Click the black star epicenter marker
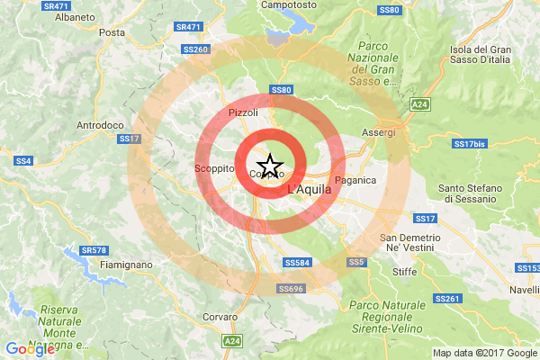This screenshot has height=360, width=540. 271,166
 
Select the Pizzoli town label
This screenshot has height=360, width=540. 244,112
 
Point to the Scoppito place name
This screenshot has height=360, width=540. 214,168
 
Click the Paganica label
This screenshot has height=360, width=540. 352,180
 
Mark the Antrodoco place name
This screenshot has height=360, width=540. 101,124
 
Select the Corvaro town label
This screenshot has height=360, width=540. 220,318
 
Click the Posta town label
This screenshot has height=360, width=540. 112,32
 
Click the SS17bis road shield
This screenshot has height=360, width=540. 469,143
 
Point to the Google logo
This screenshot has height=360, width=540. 30,349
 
